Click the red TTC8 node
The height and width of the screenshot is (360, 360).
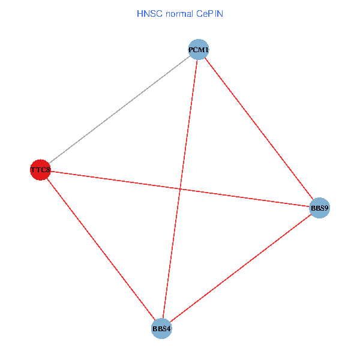40,170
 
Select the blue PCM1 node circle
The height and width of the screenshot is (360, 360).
199,49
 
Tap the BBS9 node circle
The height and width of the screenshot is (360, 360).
319,208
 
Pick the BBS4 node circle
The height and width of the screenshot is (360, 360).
161,328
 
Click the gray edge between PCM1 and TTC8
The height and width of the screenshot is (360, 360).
119,110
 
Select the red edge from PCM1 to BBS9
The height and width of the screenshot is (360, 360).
259,129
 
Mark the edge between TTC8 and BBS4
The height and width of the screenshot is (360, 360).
101,249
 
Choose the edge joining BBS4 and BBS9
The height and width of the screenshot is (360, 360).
240,268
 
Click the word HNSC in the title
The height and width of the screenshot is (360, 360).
147,13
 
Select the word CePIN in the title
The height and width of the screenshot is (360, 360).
209,13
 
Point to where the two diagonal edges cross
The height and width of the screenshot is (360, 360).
180,188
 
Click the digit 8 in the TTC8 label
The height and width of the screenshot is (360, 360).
47,170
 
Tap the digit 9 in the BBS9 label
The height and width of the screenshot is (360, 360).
326,209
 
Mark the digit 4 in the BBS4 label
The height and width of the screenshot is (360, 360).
169,329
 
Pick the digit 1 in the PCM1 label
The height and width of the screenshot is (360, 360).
206,50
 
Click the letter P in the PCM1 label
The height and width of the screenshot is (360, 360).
191,50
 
